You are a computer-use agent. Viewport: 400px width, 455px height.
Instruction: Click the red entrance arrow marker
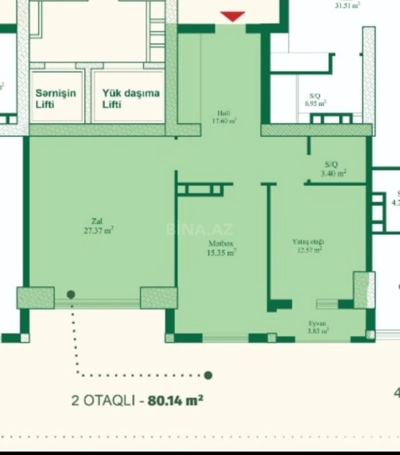tap(233, 16)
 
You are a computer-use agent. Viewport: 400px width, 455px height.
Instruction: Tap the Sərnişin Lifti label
tap(56, 98)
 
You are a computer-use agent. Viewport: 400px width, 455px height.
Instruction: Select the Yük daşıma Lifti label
tap(131, 98)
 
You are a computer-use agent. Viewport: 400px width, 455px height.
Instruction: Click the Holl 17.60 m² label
tap(224, 117)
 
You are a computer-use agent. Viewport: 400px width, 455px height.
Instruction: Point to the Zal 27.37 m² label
tap(98, 226)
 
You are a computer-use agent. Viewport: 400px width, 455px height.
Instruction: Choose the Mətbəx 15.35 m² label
tap(221, 248)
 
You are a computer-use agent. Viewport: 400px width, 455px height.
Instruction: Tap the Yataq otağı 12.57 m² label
tap(309, 246)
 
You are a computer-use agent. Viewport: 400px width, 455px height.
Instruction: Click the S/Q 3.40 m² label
tap(333, 169)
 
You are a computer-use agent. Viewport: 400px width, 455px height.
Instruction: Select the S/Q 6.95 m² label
tap(315, 100)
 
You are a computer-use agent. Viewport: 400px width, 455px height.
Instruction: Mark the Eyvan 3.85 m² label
tap(318, 327)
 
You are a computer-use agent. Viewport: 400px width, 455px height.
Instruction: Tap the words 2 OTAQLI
tap(103, 401)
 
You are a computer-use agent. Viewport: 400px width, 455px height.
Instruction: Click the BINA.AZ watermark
tap(199, 229)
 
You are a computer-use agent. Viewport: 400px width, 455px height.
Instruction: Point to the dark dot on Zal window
tap(71, 295)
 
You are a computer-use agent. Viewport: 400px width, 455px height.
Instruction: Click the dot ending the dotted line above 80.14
tap(208, 375)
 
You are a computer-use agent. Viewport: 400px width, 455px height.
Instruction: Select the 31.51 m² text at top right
tap(347, 5)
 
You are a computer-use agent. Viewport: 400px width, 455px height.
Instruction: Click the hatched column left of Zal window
tap(35, 298)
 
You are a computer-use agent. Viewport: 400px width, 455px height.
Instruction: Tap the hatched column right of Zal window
tap(158, 298)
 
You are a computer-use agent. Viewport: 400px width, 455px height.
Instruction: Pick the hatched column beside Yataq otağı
tap(364, 290)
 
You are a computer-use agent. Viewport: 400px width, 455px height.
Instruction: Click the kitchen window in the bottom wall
tap(225, 338)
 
